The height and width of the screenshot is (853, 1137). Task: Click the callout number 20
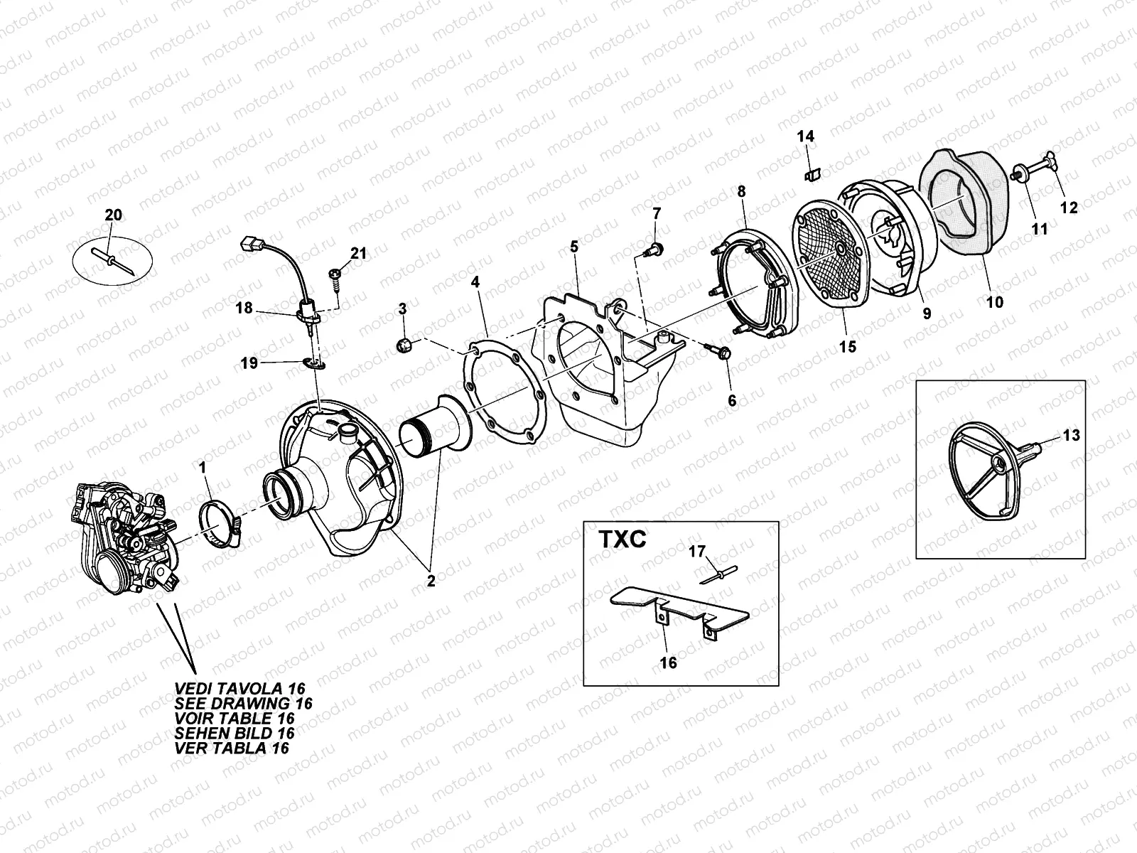click(113, 215)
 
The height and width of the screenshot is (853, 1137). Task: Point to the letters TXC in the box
click(616, 540)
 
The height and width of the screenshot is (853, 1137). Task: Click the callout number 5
click(574, 247)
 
